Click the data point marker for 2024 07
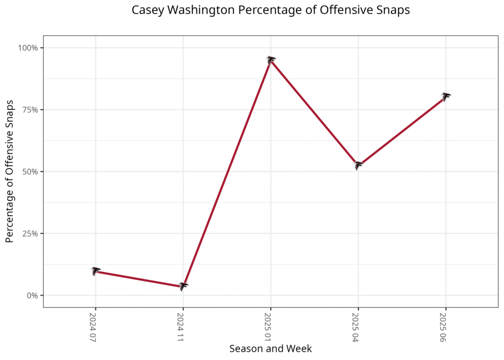pyautogui.click(x=95, y=271)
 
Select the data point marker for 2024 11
pyautogui.click(x=183, y=286)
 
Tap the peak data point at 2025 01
pyautogui.click(x=271, y=60)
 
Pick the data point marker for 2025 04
pyautogui.click(x=358, y=165)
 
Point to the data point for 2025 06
pyautogui.click(x=446, y=96)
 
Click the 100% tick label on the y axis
pyautogui.click(x=28, y=48)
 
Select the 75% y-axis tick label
pyautogui.click(x=30, y=110)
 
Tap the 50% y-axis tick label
pyautogui.click(x=30, y=172)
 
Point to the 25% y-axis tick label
pyautogui.click(x=30, y=233)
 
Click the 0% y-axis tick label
pyautogui.click(x=32, y=295)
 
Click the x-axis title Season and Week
pyautogui.click(x=271, y=349)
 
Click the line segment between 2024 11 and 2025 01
pyautogui.click(x=227, y=173)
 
